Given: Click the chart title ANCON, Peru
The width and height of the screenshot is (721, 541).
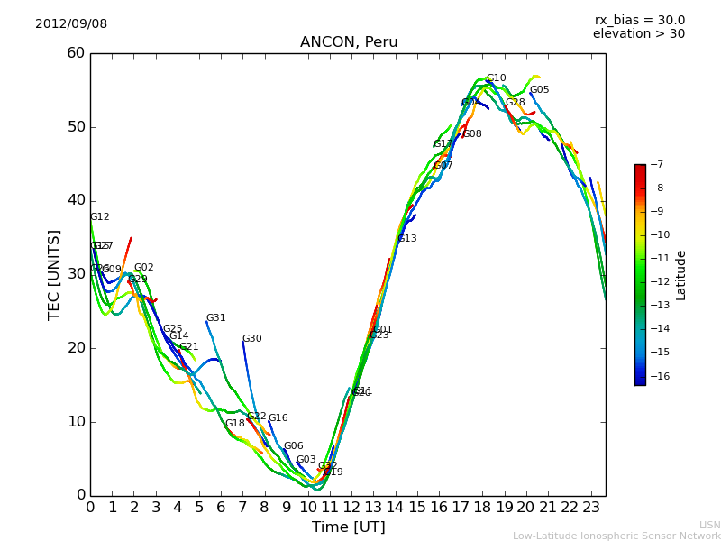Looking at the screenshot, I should (348, 42).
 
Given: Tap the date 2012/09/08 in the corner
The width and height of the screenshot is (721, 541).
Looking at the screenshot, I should (71, 24).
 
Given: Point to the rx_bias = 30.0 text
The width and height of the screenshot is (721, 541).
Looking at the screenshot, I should (639, 20).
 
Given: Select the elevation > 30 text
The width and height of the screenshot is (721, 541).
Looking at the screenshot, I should (638, 34).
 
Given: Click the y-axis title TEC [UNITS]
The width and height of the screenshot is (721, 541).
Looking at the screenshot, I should (54, 274).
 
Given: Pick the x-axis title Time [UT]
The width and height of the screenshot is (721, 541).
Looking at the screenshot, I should (348, 527).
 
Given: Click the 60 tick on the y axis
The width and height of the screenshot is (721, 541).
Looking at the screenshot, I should (76, 53).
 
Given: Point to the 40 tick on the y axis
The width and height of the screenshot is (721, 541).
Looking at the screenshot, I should (76, 200).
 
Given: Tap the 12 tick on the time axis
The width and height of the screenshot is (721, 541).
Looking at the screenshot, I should (352, 508).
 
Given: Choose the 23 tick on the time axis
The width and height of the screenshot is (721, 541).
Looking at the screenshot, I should (592, 508).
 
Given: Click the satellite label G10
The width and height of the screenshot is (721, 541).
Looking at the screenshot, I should (496, 78).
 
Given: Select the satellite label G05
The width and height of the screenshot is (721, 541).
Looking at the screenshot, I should (539, 90).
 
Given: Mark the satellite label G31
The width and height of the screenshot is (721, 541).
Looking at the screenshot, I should (215, 318).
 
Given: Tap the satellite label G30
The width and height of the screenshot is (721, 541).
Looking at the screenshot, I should (251, 339).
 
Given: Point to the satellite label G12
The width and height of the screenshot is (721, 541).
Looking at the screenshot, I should (99, 217).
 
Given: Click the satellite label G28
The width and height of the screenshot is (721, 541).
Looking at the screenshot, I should (515, 103).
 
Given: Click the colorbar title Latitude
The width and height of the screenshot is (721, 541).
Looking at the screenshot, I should (681, 274).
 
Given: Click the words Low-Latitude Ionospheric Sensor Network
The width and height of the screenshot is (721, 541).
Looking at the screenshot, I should (616, 536).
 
